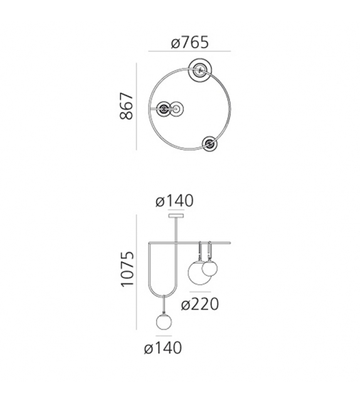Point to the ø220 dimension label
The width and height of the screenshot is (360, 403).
(x=199, y=304)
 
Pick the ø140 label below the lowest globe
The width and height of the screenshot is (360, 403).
(x=162, y=347)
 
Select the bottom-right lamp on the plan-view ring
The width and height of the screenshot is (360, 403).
(x=209, y=143)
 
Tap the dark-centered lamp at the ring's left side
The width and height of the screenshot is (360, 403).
(x=164, y=109)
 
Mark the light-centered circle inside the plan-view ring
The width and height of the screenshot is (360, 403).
(x=177, y=109)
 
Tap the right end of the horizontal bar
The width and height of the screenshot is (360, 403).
(x=230, y=242)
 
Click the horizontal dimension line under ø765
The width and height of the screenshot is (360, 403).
(x=189, y=52)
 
